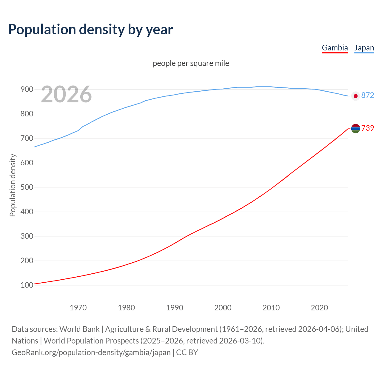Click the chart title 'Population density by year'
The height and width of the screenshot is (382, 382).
(x=90, y=30)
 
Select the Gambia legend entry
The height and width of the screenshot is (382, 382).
(x=335, y=48)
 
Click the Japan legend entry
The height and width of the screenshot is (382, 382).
(x=364, y=48)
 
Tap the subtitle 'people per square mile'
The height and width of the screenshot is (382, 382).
(x=191, y=64)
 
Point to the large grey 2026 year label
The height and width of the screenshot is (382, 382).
(x=66, y=94)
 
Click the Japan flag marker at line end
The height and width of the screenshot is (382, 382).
(x=355, y=96)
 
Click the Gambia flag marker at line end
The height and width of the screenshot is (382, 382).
(x=355, y=128)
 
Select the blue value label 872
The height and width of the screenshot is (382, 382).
(x=367, y=95)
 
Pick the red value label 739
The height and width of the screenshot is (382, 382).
(x=368, y=128)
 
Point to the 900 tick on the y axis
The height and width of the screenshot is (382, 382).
(x=27, y=90)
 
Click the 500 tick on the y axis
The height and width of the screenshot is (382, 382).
(x=27, y=187)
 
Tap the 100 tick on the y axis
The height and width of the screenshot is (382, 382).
(x=27, y=285)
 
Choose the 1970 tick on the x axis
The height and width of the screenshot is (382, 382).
(x=78, y=308)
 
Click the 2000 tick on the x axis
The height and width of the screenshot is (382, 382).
(x=223, y=308)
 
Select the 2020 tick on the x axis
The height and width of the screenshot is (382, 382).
(x=319, y=308)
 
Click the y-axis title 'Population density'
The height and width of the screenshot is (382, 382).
(x=13, y=185)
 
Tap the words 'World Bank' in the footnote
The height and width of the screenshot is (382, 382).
(x=79, y=329)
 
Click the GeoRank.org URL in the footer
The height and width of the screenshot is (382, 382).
(x=91, y=352)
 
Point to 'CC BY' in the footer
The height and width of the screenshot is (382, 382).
(x=187, y=352)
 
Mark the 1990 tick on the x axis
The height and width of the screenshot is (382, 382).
(x=175, y=308)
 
